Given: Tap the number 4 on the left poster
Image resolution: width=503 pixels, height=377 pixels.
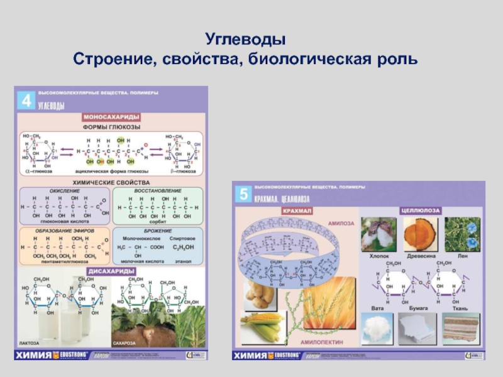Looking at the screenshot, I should pos(26,101).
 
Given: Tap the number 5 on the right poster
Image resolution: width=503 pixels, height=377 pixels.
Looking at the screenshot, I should pos(242,194).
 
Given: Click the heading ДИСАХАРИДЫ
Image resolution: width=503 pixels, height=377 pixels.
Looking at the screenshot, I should pos(113,271).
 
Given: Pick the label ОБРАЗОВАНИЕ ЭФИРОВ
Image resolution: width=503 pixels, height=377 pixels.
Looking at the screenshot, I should pos(65,230).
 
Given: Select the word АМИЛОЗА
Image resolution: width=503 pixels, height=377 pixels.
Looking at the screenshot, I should pos(340,222).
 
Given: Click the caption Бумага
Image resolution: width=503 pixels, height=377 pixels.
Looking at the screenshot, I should pos(421,309).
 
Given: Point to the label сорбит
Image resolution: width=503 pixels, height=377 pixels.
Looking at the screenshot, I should pos(157,222).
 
